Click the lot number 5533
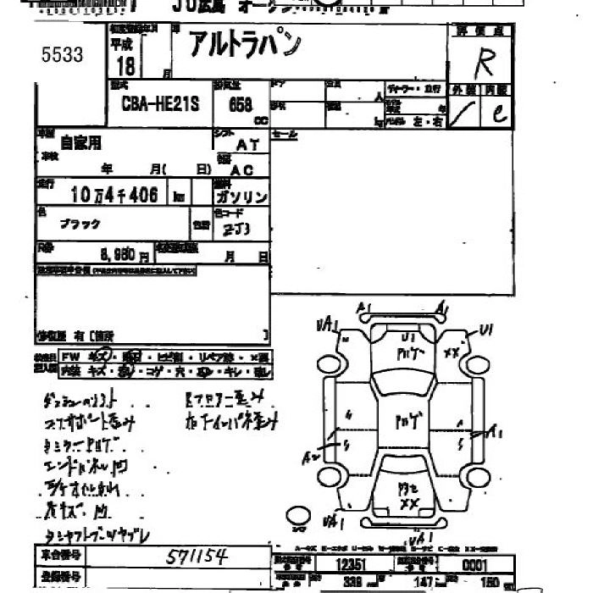pos(63,55)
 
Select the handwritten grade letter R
pos(485,62)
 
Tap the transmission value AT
pos(248,145)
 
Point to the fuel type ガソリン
pos(241,197)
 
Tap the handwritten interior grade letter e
pos(500,114)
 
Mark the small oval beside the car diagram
pos(298,514)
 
